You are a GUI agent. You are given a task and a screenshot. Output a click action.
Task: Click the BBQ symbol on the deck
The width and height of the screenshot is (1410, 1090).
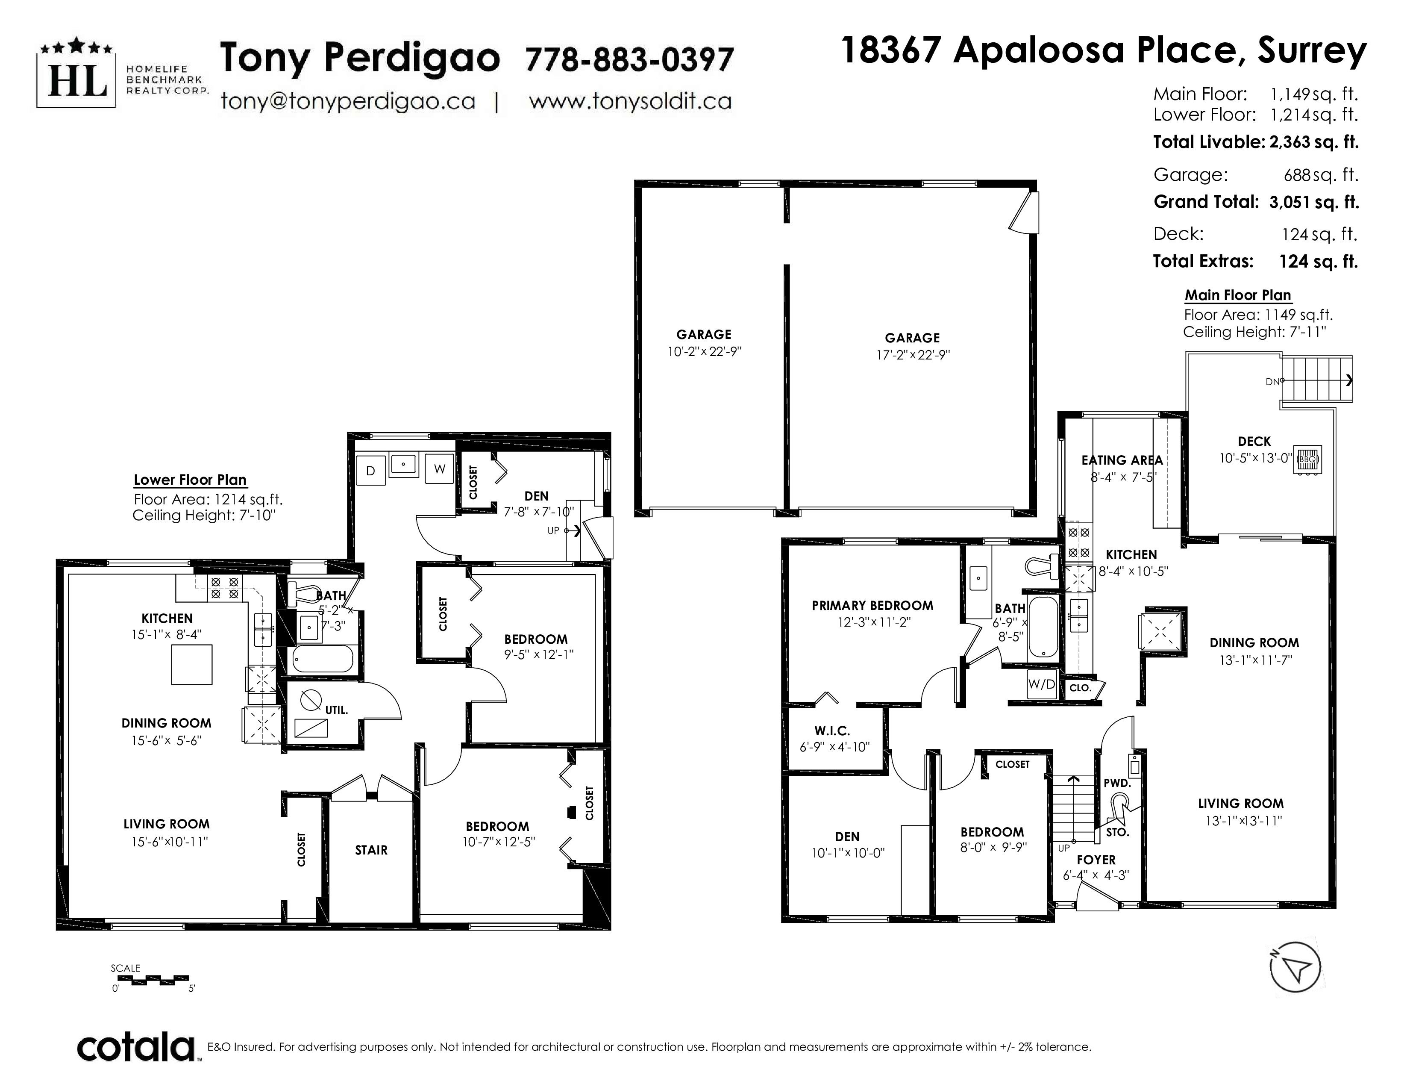[x=1307, y=460]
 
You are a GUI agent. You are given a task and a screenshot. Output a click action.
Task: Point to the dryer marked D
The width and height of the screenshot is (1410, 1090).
[x=370, y=471]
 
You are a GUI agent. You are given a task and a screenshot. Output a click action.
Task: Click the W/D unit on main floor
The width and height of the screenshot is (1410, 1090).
[x=1041, y=684]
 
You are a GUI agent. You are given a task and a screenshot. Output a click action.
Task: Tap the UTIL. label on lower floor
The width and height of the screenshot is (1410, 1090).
[x=336, y=710]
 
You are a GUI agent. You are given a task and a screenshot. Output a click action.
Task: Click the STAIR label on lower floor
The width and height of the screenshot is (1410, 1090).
[x=371, y=850]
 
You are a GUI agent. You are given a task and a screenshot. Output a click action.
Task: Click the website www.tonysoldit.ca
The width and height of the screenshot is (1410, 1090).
[x=630, y=101]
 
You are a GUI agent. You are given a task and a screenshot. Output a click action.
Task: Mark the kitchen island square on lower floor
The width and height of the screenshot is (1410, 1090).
[x=192, y=664]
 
